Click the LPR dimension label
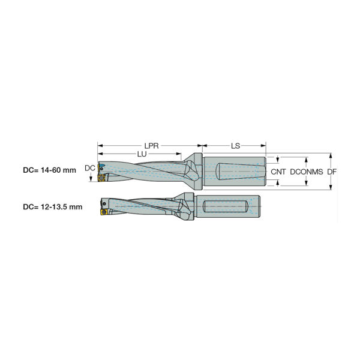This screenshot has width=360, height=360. [x=151, y=146]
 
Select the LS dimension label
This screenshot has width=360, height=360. [x=235, y=146]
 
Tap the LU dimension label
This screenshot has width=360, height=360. [x=142, y=154]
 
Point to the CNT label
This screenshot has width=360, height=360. [x=278, y=172]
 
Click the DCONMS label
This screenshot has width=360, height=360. [x=307, y=172]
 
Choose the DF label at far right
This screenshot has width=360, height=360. [x=332, y=172]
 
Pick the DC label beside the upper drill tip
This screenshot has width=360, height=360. [x=90, y=168]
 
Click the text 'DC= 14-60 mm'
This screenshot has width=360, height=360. [x=49, y=170]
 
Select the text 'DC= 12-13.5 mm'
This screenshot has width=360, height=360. [x=53, y=207]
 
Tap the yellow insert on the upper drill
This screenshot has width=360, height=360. [x=101, y=178]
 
